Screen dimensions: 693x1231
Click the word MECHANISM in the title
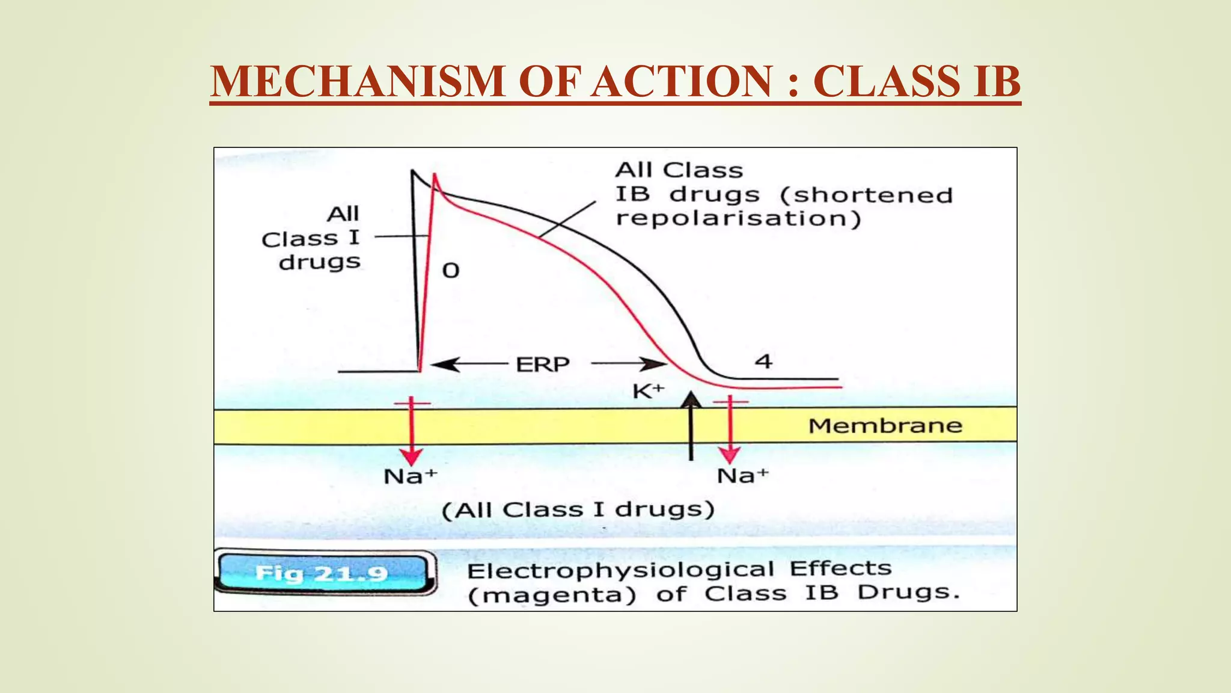click(358, 81)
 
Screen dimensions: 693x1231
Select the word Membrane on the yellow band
click(885, 426)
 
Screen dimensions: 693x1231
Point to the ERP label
click(543, 365)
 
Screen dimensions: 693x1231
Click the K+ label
click(648, 392)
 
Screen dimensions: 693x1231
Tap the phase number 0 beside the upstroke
click(451, 271)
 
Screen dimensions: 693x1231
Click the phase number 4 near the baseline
click(763, 362)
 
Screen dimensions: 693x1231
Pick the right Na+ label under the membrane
click(743, 476)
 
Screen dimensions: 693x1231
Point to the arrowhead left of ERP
click(445, 364)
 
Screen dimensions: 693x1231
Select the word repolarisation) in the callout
click(738, 218)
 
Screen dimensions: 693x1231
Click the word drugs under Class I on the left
click(320, 262)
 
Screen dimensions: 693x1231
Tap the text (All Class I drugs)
click(578, 510)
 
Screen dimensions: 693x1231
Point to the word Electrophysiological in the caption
click(620, 570)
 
